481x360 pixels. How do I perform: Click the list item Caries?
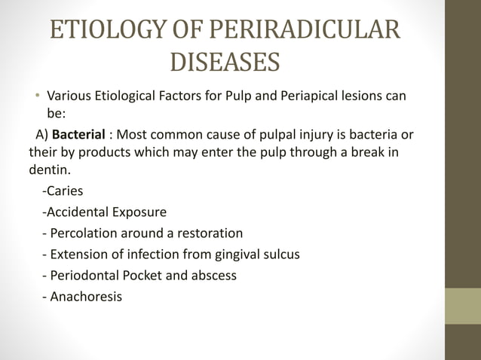pyautogui.click(x=65, y=191)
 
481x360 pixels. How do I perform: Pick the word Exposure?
pyautogui.click(x=139, y=212)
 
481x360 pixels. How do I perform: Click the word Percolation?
pyautogui.click(x=84, y=233)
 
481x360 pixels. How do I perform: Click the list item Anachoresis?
pyautogui.click(x=84, y=296)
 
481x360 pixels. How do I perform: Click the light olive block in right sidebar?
pyautogui.click(x=462, y=305)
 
